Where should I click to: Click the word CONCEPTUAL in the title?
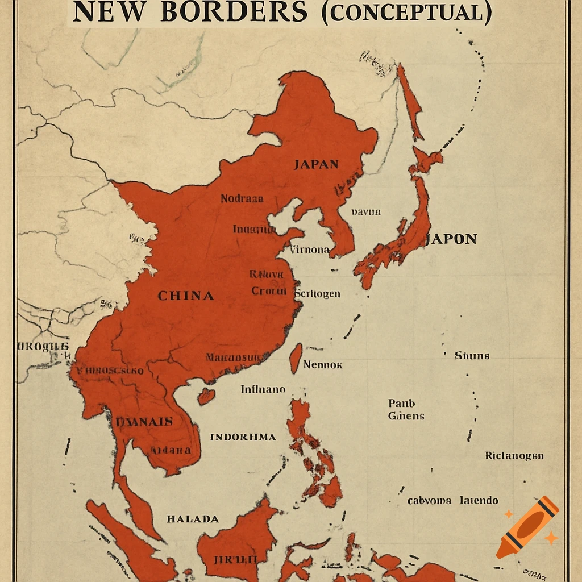[406, 13]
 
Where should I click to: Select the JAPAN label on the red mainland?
[316, 165]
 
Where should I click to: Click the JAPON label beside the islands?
[451, 239]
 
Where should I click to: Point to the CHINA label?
[186, 296]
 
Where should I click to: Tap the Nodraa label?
[242, 199]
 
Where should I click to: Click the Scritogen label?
[318, 293]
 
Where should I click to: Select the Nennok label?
[323, 365]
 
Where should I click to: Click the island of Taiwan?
[296, 358]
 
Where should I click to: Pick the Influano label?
[263, 390]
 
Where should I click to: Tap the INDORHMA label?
[243, 437]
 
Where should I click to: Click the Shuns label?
[472, 356]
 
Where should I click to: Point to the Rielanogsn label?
[514, 456]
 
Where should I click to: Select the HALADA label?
[192, 519]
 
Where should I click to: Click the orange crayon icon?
[526, 527]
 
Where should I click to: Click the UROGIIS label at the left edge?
[43, 346]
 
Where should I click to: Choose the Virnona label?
[310, 250]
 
